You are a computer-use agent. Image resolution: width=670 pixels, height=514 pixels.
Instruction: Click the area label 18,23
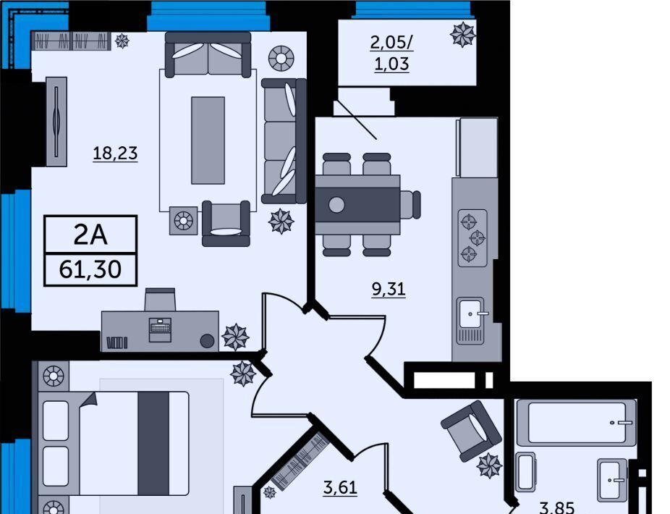(115, 153)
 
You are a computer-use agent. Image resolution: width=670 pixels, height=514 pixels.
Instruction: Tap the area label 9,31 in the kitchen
(389, 289)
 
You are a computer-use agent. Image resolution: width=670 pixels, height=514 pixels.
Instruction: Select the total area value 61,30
(90, 269)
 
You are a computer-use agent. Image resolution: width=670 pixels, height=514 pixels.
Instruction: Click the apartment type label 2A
(90, 235)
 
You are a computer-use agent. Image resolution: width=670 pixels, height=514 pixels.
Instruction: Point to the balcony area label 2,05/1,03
(392, 53)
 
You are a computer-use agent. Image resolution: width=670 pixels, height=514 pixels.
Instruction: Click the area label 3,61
(340, 487)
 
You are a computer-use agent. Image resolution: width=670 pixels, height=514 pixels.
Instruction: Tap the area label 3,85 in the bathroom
(557, 507)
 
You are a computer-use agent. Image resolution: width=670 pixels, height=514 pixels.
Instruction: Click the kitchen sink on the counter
(471, 321)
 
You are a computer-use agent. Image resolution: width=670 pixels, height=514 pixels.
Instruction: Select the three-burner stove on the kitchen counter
(472, 237)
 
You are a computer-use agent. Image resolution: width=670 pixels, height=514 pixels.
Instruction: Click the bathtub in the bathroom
(577, 423)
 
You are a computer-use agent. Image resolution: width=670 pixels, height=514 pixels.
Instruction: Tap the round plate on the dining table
(336, 205)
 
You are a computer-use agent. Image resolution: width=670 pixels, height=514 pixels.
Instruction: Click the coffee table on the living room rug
(208, 140)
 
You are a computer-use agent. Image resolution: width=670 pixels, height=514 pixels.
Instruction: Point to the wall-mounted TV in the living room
(56, 122)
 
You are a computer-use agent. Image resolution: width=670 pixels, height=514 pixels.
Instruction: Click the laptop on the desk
(160, 329)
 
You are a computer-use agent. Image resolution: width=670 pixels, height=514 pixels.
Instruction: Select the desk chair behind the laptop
(160, 299)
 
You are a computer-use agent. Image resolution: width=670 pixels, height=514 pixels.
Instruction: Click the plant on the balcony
(463, 34)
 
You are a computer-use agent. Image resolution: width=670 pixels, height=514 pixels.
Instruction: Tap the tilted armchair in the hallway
(471, 430)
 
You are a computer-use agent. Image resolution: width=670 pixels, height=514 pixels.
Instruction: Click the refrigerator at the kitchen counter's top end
(477, 147)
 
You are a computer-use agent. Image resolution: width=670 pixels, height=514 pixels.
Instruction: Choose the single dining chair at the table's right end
(410, 204)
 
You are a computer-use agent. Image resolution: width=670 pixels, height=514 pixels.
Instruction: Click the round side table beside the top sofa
(281, 58)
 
